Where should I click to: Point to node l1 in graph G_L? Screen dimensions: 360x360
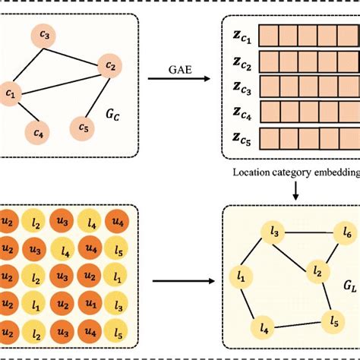click(242, 277)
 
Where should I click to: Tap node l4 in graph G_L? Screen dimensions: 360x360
click(265, 329)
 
